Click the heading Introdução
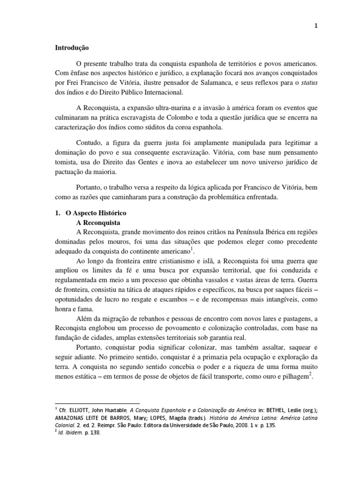tap(72, 48)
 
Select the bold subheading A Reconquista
tap(97, 222)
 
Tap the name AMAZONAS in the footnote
tap(71, 417)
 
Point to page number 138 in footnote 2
tap(95, 433)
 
